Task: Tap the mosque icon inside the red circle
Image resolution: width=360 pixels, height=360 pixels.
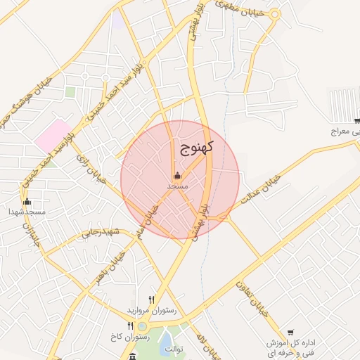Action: click(176, 176)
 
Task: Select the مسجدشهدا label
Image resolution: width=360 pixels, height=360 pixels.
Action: click(27, 211)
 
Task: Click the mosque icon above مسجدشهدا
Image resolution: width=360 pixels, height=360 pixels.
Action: click(27, 201)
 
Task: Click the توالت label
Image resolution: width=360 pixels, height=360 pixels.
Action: click(169, 349)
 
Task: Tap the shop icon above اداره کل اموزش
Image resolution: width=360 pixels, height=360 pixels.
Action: click(290, 333)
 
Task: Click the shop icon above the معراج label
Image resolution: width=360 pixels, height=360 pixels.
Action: click(356, 121)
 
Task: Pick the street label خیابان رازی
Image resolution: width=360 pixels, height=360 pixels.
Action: click(91, 169)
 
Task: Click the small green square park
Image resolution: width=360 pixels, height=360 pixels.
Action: click(70, 91)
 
